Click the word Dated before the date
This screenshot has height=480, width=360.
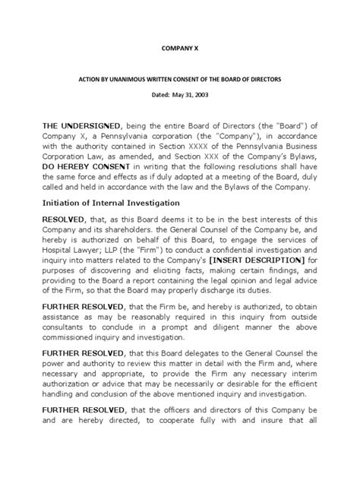(x=153, y=94)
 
